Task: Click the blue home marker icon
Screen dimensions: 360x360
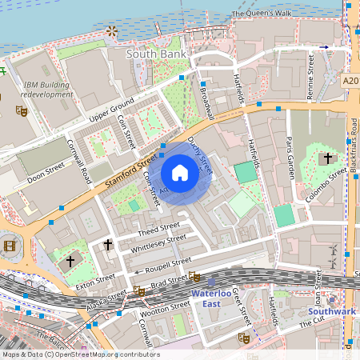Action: point(180,174)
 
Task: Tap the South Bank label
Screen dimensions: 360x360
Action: point(157,54)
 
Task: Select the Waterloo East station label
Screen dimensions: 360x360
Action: point(210,298)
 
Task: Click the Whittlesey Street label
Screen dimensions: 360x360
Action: point(161,242)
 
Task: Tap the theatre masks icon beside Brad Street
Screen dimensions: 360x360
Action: point(194,277)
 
